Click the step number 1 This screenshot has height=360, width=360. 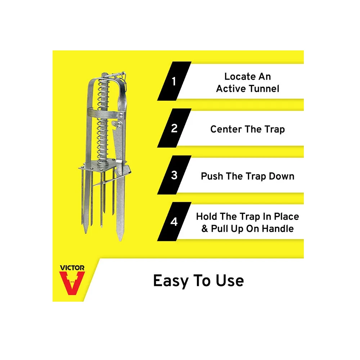[174, 82]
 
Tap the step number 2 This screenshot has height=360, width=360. [174, 129]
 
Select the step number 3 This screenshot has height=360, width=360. [174, 175]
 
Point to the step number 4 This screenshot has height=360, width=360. [174, 222]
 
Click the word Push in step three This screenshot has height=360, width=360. [212, 176]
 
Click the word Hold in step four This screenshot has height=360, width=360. [208, 216]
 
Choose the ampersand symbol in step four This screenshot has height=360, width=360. [205, 229]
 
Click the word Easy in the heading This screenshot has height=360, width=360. [171, 281]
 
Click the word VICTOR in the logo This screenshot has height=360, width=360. [72, 268]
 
